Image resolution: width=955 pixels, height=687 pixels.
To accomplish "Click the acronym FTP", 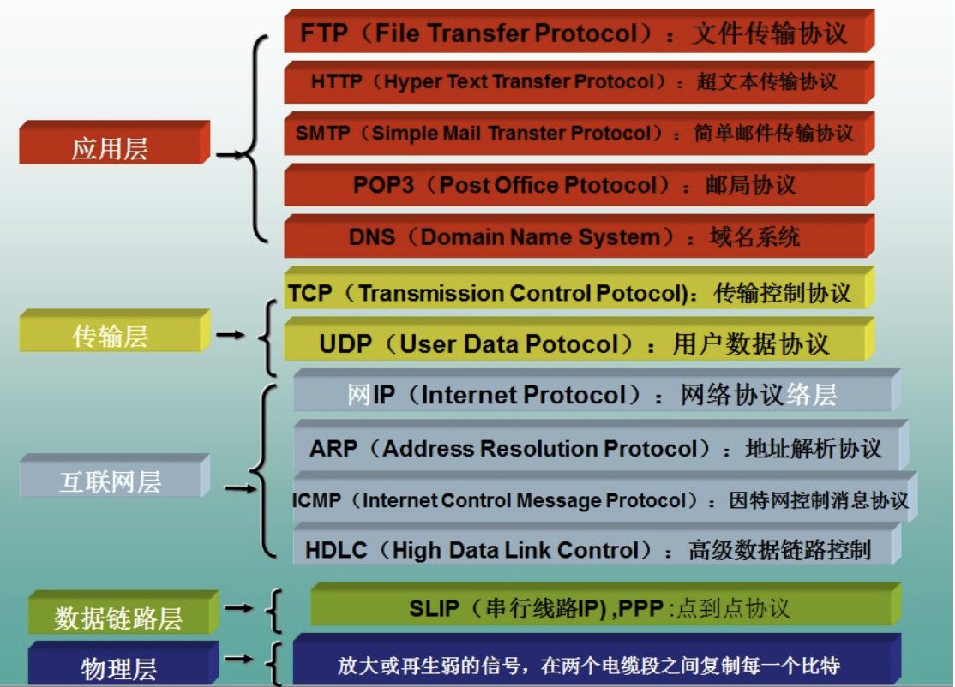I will (322, 33).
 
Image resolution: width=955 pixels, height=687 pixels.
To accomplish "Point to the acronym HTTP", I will (337, 82).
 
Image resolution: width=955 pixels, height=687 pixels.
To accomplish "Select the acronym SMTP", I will (324, 134).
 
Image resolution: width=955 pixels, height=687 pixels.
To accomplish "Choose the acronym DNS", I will (372, 236).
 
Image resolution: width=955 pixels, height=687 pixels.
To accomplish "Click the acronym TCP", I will (310, 293).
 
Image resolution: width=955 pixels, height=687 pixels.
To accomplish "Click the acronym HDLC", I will (337, 550).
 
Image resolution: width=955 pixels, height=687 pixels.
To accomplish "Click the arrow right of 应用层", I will (231, 156).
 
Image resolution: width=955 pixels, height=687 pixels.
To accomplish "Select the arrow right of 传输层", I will (231, 335).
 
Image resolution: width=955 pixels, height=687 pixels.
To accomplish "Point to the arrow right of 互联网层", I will (239, 490).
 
